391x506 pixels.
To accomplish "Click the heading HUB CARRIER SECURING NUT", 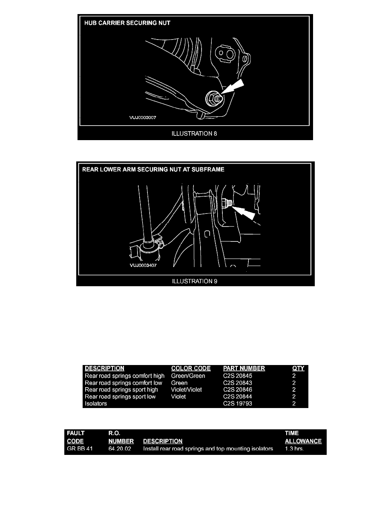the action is click(x=127, y=23).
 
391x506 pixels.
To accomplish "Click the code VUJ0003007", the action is click(x=143, y=118).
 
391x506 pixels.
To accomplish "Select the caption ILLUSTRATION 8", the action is click(x=194, y=134).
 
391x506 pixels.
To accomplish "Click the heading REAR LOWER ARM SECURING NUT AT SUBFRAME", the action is click(x=153, y=170).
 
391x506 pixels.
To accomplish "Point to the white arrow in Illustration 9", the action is click(x=244, y=213).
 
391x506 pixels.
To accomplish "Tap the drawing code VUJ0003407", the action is click(x=143, y=265).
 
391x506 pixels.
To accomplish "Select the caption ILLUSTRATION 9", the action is click(x=195, y=282).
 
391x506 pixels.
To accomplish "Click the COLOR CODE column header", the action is click(x=191, y=368).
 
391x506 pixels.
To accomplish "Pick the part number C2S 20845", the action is click(x=237, y=376).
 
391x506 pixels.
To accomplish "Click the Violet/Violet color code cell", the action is click(x=187, y=389).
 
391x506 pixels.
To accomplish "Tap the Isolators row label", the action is click(x=96, y=403).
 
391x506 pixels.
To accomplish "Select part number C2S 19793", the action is click(x=237, y=403).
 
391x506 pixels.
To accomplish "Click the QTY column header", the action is click(x=298, y=368).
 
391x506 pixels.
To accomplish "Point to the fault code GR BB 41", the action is click(x=80, y=448).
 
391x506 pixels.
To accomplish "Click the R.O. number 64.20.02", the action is click(x=120, y=448).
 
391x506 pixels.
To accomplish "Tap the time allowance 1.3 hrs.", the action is click(x=294, y=448).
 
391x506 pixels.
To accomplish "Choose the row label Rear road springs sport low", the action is click(x=120, y=397).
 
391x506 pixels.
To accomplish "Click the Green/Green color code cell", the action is click(x=188, y=376).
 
